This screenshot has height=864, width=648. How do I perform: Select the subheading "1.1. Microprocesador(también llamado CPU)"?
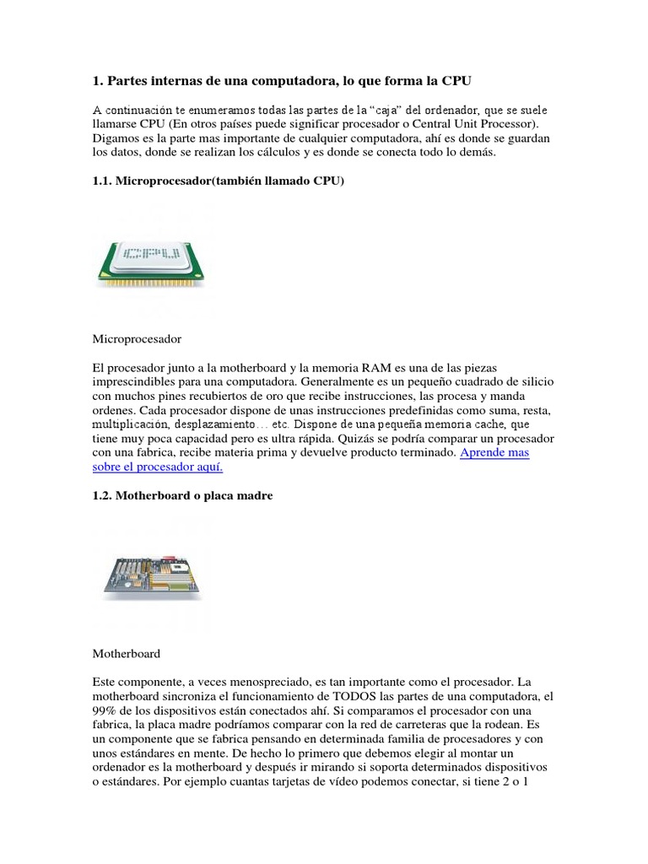pos(219,181)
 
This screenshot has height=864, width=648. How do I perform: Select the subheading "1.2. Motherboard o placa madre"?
pos(182,496)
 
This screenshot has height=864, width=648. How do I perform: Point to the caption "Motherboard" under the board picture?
pos(127,653)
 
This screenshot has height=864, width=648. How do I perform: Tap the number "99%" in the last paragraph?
pos(105,710)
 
